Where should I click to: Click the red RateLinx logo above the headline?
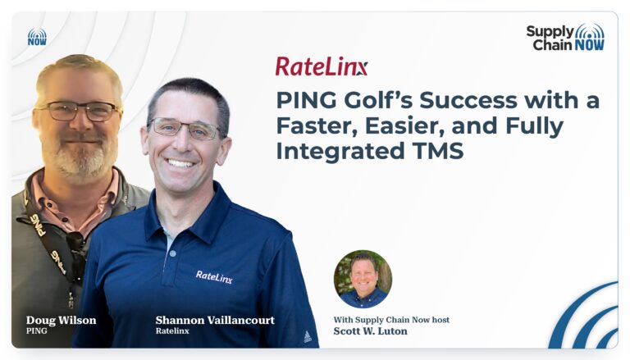point(322,66)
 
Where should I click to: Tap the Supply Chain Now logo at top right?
point(565,38)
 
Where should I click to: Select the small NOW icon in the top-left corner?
point(37,37)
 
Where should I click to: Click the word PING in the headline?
point(307,100)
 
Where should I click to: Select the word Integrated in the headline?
point(340,152)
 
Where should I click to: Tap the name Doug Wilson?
point(61,320)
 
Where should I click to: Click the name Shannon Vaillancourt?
point(215,320)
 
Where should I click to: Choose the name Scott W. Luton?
point(370,331)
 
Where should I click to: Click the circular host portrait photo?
point(363,280)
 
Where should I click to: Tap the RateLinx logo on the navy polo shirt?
point(214,277)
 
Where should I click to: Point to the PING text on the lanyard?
point(39,224)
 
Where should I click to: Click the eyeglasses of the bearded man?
point(80,111)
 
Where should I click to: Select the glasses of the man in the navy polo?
point(185,128)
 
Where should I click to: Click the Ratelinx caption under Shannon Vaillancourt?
point(172,331)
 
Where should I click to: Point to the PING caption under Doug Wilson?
point(37,331)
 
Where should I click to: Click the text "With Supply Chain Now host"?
point(391,320)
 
